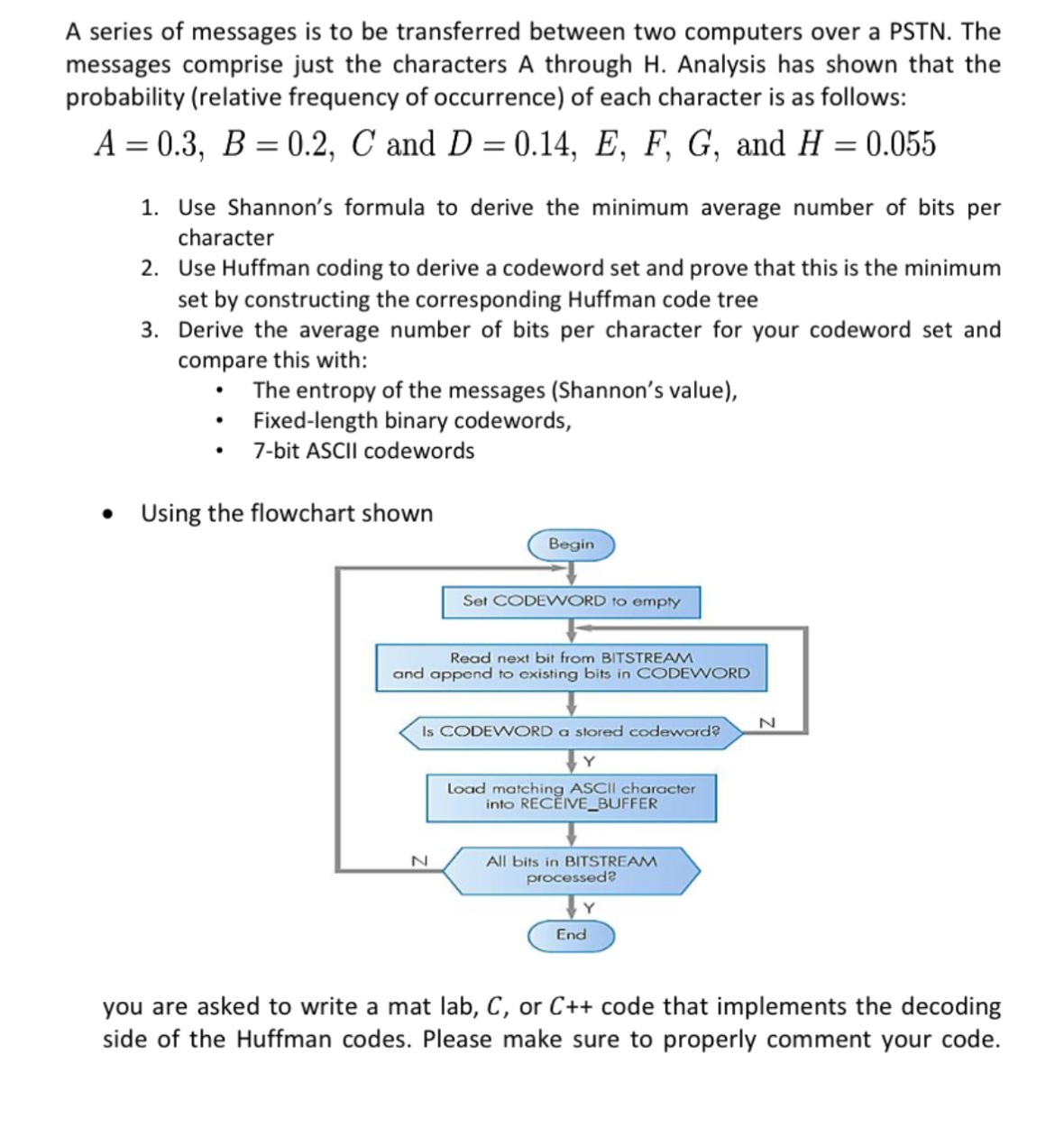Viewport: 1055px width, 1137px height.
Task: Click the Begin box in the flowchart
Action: point(571,545)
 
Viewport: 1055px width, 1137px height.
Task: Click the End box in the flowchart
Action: point(571,935)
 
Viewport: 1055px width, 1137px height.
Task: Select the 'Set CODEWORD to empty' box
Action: point(571,601)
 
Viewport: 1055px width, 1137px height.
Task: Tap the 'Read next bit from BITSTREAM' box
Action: point(571,666)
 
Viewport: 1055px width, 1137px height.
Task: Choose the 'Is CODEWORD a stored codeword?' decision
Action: point(571,731)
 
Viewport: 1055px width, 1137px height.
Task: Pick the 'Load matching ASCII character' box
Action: point(571,796)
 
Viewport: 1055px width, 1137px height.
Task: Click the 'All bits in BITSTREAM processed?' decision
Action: point(571,869)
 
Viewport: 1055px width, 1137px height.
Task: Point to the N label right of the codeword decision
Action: point(766,722)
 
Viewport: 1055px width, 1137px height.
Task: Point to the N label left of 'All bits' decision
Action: point(417,861)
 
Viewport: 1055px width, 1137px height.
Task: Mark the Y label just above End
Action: point(589,907)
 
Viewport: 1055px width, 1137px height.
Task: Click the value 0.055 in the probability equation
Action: point(900,144)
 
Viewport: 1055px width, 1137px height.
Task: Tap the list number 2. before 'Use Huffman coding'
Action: point(151,268)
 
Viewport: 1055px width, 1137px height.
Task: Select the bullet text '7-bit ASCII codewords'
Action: point(363,451)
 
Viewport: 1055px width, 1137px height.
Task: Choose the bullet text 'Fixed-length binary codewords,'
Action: point(412,421)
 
